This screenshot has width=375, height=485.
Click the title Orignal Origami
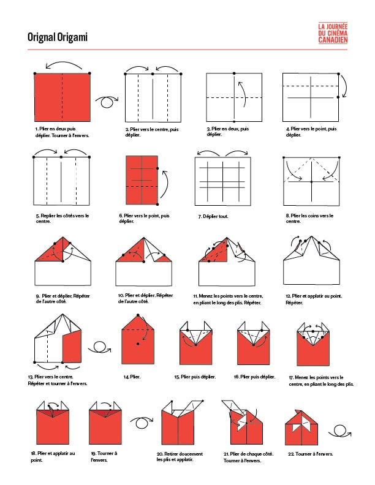pyautogui.click(x=58, y=37)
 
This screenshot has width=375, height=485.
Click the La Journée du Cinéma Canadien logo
pyautogui.click(x=333, y=33)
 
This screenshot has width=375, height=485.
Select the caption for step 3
pyautogui.click(x=227, y=132)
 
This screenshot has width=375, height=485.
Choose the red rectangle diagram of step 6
pyautogui.click(x=142, y=180)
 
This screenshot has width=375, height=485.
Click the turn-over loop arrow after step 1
pyautogui.click(x=107, y=102)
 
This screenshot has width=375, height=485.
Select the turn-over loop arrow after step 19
pyautogui.click(x=142, y=423)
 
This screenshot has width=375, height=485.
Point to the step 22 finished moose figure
pyautogui.click(x=301, y=427)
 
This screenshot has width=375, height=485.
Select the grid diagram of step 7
pyautogui.click(x=223, y=181)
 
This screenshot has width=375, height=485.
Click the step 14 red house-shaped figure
pyautogui.click(x=138, y=340)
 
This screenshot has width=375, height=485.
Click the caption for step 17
pyautogui.click(x=321, y=381)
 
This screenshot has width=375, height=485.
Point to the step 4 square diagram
pyautogui.click(x=311, y=97)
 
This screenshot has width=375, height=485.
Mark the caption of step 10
pyautogui.click(x=146, y=298)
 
